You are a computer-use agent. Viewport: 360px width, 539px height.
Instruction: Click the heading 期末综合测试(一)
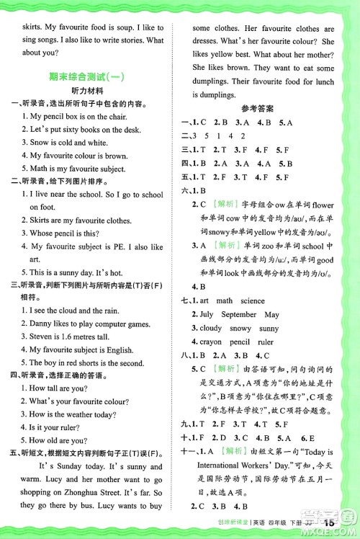point(91,76)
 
